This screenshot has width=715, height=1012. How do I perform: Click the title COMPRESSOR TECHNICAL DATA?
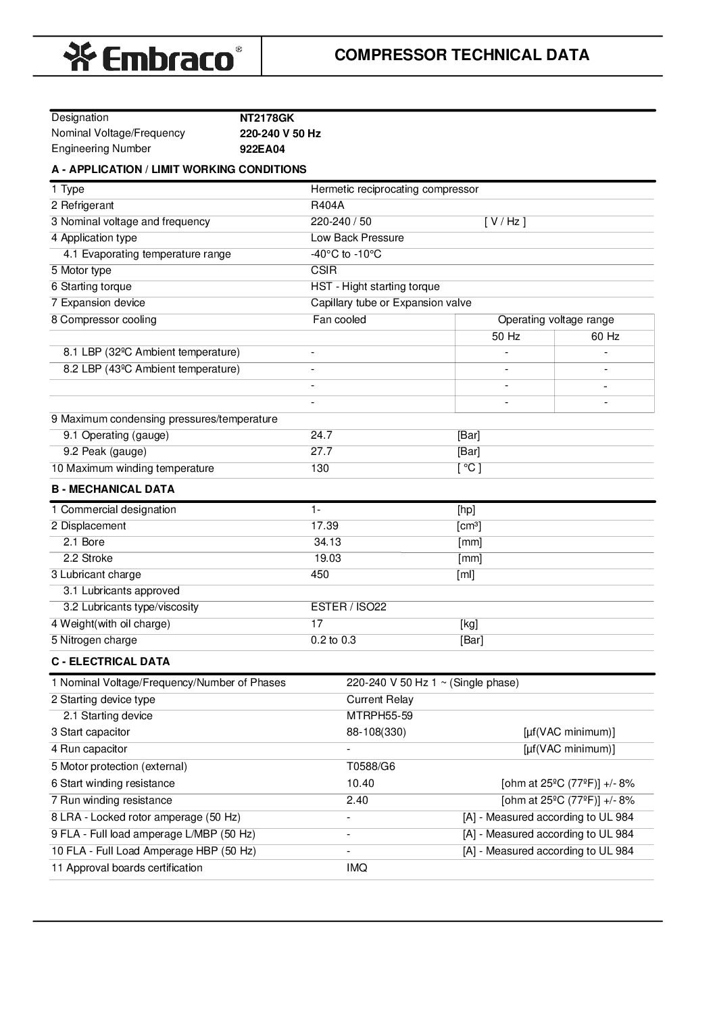pyautogui.click(x=462, y=55)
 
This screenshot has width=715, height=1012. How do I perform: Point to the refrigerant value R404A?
pyautogui.click(x=327, y=206)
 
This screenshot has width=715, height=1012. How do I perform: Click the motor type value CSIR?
pyautogui.click(x=324, y=270)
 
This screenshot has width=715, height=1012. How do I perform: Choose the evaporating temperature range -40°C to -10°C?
pyautogui.click(x=346, y=254)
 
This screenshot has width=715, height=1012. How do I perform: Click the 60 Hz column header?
pyautogui.click(x=605, y=337)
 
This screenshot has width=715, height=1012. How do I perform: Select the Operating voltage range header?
pyautogui.click(x=556, y=320)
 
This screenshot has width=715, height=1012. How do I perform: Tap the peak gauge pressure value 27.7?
pyautogui.click(x=321, y=452)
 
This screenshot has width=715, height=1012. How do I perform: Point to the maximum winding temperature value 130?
pyautogui.click(x=320, y=468)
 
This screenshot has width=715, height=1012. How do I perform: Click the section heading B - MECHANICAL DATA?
pyautogui.click(x=113, y=489)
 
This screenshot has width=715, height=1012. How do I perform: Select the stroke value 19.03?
pyautogui.click(x=328, y=558)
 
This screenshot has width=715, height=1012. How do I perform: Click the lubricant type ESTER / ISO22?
pyautogui.click(x=348, y=607)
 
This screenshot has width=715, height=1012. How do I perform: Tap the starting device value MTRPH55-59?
pyautogui.click(x=379, y=716)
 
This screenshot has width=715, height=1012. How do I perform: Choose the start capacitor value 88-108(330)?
pyautogui.click(x=376, y=732)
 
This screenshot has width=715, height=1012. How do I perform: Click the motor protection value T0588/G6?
pyautogui.click(x=370, y=767)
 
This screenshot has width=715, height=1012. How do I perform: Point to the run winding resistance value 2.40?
pyautogui.click(x=357, y=800)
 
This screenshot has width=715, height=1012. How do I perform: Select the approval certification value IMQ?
pyautogui.click(x=357, y=868)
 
